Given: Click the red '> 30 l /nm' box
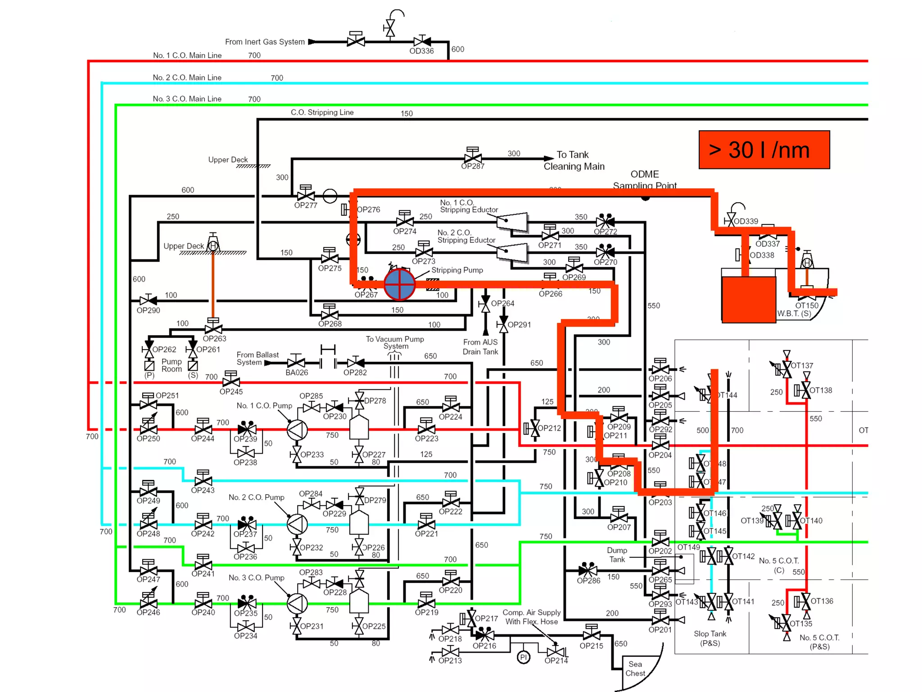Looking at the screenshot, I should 764,150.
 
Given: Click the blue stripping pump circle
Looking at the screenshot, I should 399,284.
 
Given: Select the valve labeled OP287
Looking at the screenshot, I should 473,158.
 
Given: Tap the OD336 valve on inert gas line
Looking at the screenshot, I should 422,41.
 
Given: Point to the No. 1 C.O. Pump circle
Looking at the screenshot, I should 297,429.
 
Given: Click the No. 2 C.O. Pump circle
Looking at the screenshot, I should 297,524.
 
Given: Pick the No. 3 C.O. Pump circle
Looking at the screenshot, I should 297,603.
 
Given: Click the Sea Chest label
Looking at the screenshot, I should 635,668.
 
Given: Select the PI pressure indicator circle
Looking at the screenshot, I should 523,657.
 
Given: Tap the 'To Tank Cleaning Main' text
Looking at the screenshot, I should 574,160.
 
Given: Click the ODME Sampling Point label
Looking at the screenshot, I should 645,179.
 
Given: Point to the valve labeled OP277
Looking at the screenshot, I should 306,196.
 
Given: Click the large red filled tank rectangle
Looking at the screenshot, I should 748,299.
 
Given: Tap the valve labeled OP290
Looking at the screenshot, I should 148,300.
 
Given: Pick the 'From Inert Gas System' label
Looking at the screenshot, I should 265,42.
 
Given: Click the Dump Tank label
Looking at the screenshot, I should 617,555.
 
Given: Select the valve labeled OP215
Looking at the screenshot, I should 591,635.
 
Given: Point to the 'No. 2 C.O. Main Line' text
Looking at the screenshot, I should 187,77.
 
